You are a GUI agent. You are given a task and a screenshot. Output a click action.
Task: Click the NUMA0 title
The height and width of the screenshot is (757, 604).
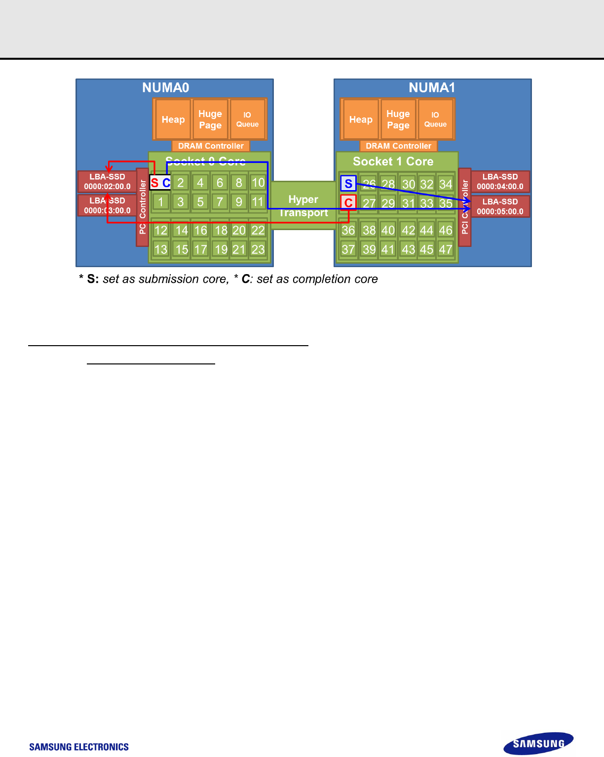tap(165, 88)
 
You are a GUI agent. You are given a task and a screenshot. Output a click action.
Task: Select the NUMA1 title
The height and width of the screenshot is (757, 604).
tap(431, 88)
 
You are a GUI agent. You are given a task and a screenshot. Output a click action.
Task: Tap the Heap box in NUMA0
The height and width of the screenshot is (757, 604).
tap(173, 120)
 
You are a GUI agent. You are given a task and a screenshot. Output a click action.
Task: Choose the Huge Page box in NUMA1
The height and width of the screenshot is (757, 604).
tap(398, 120)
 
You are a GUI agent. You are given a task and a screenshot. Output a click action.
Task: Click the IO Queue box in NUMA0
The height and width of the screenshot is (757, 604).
tap(247, 120)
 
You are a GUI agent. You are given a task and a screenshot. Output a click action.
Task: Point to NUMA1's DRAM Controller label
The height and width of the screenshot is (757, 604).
tap(398, 146)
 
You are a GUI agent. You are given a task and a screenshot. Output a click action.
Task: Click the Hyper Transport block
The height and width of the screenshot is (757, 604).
tap(303, 205)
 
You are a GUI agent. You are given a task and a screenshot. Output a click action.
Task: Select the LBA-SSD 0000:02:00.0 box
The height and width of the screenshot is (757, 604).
tap(107, 182)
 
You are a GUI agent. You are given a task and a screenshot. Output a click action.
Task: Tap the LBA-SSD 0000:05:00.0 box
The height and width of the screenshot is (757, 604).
tap(500, 206)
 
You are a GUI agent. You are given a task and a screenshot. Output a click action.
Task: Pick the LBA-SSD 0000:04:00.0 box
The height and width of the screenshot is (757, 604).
tap(500, 182)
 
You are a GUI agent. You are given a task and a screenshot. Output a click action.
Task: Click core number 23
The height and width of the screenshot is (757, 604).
tap(258, 249)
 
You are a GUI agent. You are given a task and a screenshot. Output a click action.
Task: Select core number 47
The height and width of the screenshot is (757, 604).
tap(446, 249)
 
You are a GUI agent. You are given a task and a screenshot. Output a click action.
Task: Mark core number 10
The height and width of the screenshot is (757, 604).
tap(258, 183)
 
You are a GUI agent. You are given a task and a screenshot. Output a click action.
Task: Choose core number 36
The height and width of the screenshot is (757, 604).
tap(348, 230)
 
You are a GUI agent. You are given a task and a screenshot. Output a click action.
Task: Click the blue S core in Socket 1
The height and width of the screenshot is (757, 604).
tap(348, 184)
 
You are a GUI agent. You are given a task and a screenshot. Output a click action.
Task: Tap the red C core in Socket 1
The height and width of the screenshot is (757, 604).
tap(348, 202)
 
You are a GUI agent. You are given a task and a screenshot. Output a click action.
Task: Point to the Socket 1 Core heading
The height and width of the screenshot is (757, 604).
tap(393, 161)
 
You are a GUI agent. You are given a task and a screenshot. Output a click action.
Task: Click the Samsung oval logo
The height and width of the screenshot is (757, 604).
tap(538, 744)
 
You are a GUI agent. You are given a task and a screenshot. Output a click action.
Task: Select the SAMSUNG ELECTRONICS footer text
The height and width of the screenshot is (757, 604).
tap(79, 747)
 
